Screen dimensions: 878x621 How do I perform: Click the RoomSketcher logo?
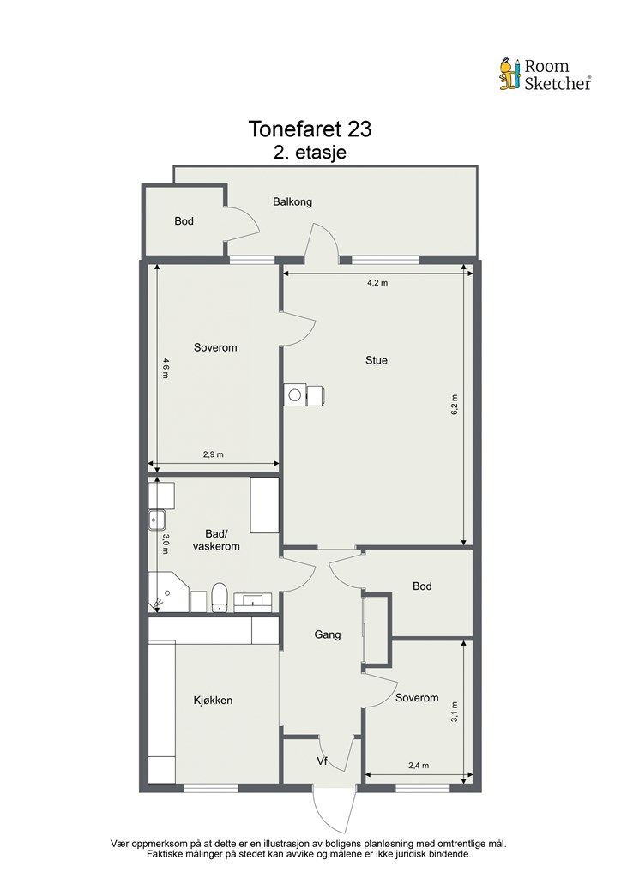click(x=545, y=75)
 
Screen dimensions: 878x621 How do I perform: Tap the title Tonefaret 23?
click(x=310, y=129)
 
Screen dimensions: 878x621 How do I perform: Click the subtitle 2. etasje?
click(x=310, y=152)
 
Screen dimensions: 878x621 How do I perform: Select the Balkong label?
click(x=292, y=202)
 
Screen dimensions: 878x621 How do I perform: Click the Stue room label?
click(x=377, y=361)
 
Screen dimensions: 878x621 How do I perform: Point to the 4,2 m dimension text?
click(x=377, y=283)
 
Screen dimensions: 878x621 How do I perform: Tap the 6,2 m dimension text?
click(x=455, y=404)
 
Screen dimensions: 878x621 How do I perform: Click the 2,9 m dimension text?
click(x=214, y=454)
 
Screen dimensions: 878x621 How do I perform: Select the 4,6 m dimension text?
click(x=165, y=368)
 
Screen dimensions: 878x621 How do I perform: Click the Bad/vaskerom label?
click(x=215, y=539)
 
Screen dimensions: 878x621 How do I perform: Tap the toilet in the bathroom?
click(x=220, y=598)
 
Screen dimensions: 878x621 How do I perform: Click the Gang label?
click(x=328, y=635)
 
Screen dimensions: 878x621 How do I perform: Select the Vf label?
click(x=323, y=761)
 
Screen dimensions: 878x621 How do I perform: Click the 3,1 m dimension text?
click(x=455, y=712)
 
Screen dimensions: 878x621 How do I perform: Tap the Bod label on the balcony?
click(x=184, y=221)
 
